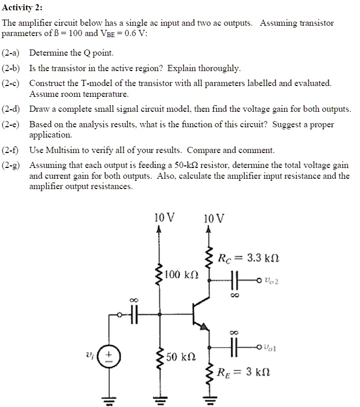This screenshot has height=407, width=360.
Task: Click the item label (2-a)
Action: [12, 53]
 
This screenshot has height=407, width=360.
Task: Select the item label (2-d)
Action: [12, 109]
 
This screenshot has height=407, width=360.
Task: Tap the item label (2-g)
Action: [12, 165]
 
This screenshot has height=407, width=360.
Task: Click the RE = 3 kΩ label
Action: [244, 371]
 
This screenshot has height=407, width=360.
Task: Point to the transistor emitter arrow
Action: [205, 326]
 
